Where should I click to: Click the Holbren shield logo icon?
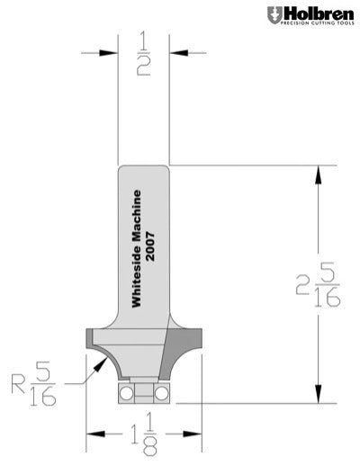point(273,14)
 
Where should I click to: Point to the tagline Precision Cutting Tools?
point(314,24)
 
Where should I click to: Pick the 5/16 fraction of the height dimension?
point(327,285)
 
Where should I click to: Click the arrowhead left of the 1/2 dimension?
point(112,53)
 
